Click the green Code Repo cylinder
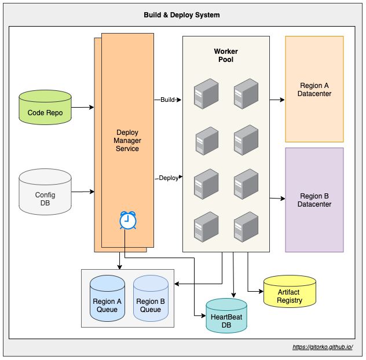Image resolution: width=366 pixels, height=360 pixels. click(45, 108)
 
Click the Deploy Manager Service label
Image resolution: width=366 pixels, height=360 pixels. click(127, 141)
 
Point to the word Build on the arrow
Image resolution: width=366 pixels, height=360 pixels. click(167, 100)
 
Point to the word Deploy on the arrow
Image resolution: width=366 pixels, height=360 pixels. click(168, 178)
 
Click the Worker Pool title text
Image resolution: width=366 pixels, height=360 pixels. click(226, 56)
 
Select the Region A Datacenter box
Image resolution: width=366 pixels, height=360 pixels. click(314, 89)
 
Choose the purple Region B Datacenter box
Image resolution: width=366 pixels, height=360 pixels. click(314, 200)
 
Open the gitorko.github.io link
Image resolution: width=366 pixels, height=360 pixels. click(327, 347)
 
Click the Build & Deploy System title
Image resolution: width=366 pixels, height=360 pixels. click(182, 15)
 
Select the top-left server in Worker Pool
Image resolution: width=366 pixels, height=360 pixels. click(206, 93)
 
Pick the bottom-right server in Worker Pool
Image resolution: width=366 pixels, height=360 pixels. click(246, 226)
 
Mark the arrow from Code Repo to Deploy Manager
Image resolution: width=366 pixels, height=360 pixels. click(83, 107)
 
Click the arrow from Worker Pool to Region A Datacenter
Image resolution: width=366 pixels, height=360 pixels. click(277, 100)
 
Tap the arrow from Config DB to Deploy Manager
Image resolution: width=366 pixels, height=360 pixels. click(83, 191)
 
